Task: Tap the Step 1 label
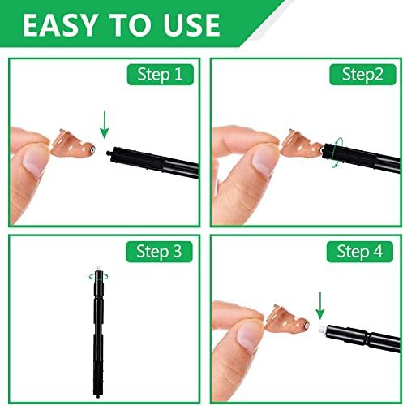[x=161, y=76]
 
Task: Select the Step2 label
[x=360, y=76]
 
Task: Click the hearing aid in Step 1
[x=72, y=145]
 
